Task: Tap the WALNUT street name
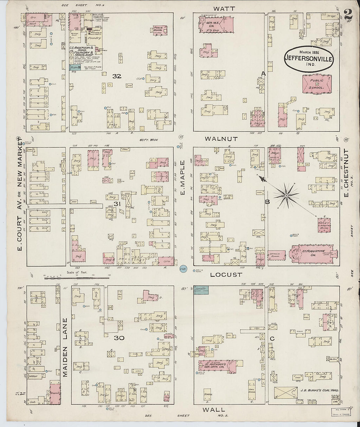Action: click(x=221, y=139)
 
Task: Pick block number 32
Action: click(x=117, y=76)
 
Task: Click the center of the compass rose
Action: click(x=286, y=196)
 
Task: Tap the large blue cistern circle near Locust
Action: click(x=183, y=269)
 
